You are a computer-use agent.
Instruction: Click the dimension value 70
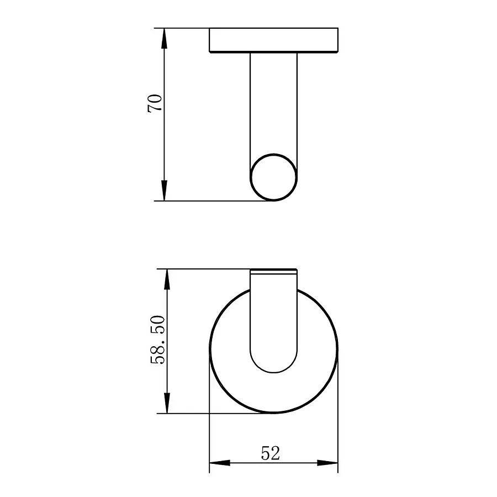tap(155, 103)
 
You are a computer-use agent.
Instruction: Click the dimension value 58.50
tap(158, 340)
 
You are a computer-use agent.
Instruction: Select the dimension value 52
tap(271, 453)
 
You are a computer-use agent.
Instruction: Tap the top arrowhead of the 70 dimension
tap(164, 38)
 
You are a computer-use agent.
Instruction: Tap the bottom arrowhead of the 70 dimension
tap(164, 191)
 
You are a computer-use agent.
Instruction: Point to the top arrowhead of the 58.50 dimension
tap(167, 279)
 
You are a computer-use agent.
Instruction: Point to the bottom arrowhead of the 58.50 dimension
tap(167, 403)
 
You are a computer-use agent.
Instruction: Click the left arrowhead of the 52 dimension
tap(219, 463)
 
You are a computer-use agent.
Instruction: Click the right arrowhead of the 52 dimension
tap(327, 463)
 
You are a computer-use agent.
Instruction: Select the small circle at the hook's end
tap(273, 154)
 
